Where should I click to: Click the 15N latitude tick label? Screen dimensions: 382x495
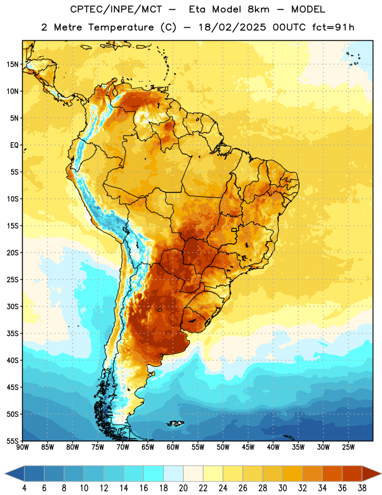pos(13,64)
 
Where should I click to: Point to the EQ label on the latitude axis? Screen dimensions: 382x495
pos(14,145)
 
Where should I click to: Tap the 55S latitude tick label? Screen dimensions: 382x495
pos(13,441)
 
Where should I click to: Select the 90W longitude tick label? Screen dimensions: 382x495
pos(23,447)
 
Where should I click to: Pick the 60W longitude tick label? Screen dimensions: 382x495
pos(173,447)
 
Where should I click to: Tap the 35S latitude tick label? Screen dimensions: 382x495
pos(13,334)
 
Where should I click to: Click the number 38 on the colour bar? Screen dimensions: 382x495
pos(362,488)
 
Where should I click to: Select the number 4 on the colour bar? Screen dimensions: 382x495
pos(24,488)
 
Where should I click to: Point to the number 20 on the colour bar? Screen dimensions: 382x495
pos(183,488)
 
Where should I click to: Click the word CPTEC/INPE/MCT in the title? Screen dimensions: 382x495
pos(116,9)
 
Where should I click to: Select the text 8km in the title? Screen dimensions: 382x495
pos(258,9)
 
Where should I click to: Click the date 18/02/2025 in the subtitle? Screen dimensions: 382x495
pos(232,27)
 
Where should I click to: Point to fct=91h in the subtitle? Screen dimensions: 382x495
pos(333,27)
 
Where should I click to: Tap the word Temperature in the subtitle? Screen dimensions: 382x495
pos(121,28)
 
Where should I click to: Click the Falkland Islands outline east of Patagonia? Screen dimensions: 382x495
pos(176,423)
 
